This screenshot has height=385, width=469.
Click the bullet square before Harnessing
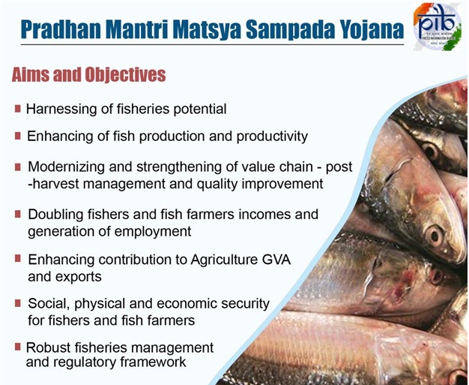17,108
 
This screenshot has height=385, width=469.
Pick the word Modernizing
67,167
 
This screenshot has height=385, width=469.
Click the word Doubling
56,215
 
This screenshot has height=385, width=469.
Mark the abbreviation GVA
274,260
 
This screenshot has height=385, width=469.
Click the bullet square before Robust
17,346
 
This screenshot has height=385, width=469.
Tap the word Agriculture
208,260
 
